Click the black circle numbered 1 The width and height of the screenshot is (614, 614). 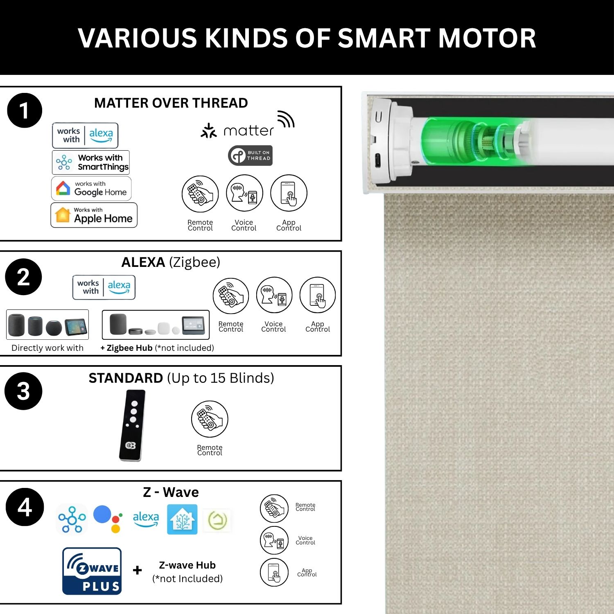[x=25, y=111]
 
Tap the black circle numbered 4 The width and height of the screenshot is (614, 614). [x=25, y=507]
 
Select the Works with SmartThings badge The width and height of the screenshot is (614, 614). [x=91, y=162]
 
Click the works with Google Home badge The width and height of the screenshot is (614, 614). [x=91, y=188]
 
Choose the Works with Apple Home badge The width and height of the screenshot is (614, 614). [x=94, y=215]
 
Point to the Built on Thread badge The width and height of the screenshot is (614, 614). [x=250, y=156]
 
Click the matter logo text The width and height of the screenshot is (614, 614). [x=248, y=131]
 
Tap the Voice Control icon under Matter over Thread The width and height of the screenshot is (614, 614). [x=244, y=193]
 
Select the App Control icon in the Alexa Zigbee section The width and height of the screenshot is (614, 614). [x=318, y=295]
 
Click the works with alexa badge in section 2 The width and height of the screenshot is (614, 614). [x=104, y=287]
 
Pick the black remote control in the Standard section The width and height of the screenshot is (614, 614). [x=132, y=425]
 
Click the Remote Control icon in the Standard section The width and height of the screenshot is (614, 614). [x=210, y=419]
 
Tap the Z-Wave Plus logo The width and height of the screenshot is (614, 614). [x=92, y=571]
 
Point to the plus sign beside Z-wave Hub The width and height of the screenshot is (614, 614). [x=138, y=570]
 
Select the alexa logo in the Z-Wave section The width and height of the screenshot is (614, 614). [x=146, y=519]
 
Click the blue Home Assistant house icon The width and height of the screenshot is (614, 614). [x=182, y=519]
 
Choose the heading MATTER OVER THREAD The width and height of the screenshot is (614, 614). [x=171, y=103]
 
